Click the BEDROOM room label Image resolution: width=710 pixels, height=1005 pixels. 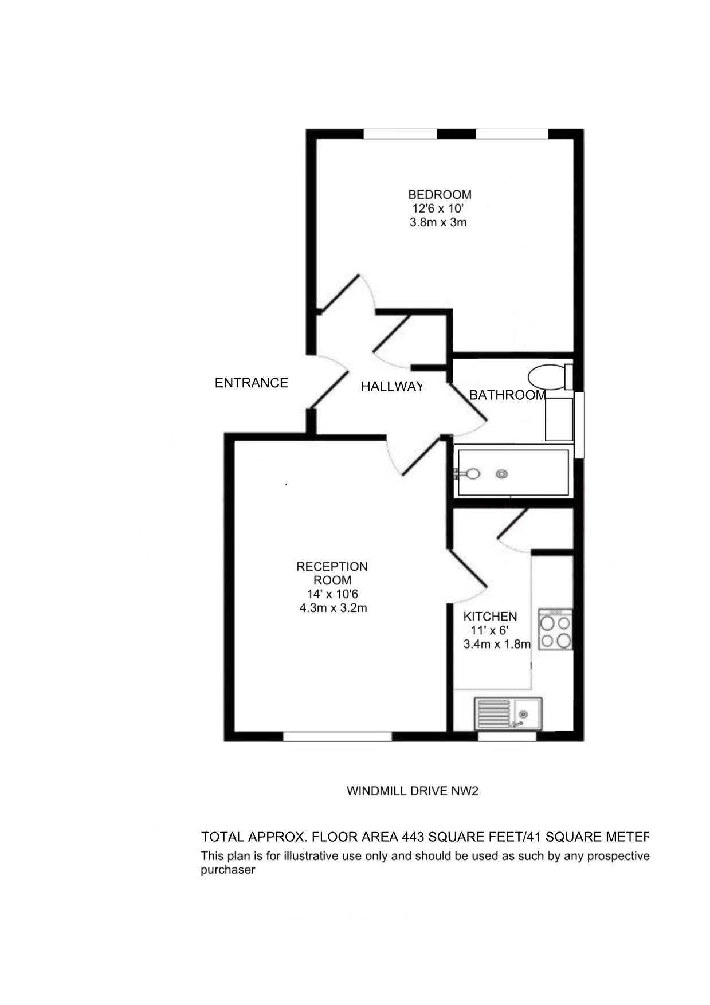(440, 195)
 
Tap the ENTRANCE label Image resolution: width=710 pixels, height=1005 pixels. (251, 383)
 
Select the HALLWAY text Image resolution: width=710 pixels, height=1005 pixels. (392, 387)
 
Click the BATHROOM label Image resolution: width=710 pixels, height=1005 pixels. (507, 395)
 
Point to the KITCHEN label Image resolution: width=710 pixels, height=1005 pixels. (490, 617)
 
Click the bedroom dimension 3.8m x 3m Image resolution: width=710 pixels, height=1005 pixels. (438, 222)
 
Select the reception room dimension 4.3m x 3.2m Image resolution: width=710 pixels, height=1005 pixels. (334, 608)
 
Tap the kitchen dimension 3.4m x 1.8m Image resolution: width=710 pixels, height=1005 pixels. (497, 644)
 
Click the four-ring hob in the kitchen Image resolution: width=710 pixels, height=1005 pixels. (555, 629)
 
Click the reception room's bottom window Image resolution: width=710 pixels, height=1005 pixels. (338, 736)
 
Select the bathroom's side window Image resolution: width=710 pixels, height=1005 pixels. (579, 425)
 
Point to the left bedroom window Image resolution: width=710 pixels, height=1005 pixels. (401, 134)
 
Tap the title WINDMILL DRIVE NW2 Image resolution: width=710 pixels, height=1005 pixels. (413, 791)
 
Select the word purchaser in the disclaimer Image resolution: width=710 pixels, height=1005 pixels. (227, 870)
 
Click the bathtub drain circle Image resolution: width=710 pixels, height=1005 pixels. (502, 474)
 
